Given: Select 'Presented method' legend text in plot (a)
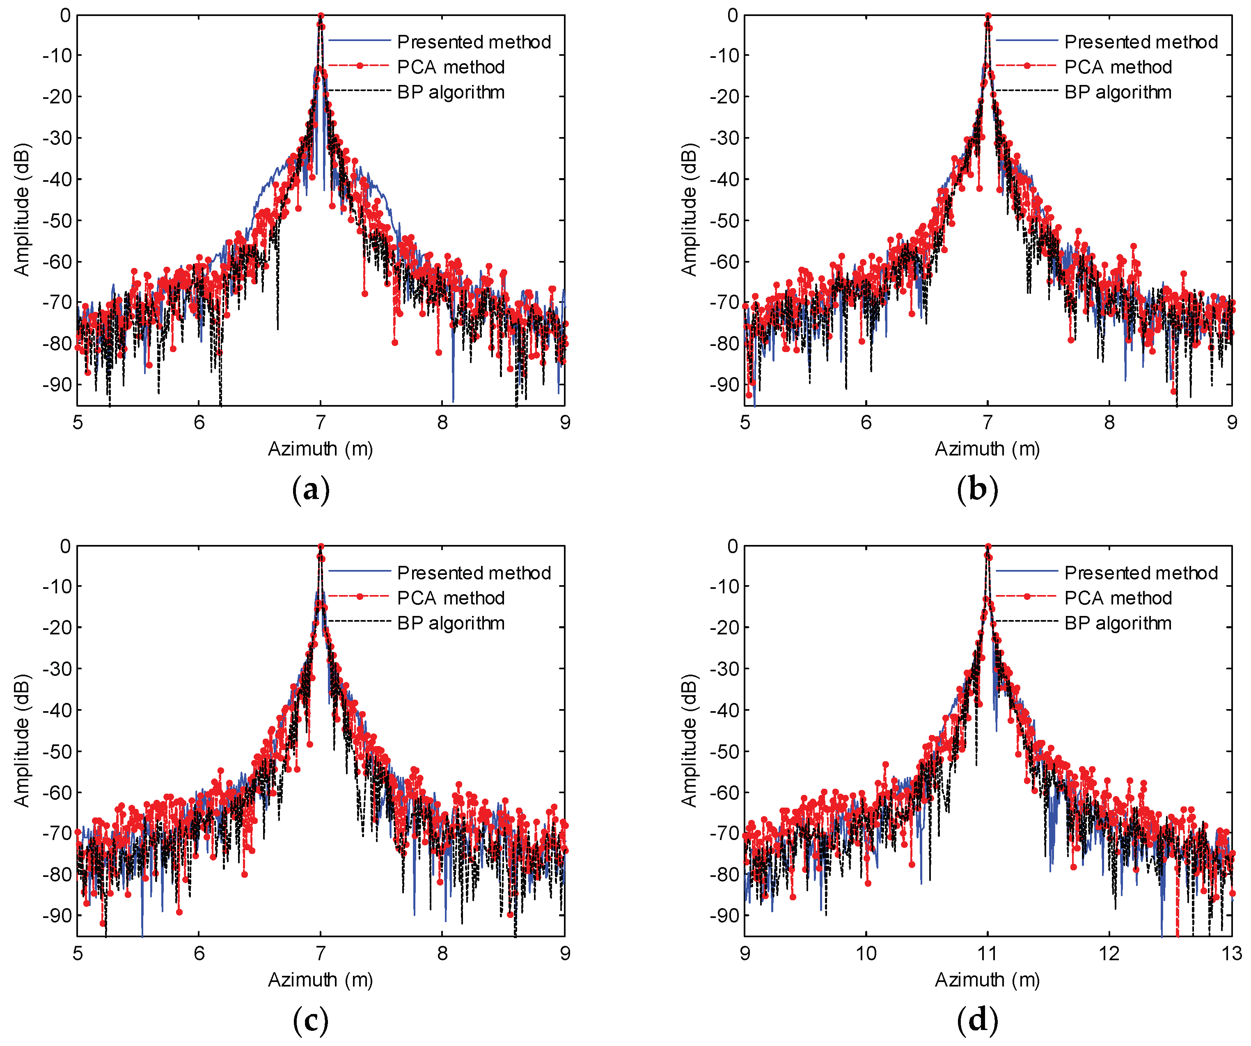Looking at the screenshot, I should [x=474, y=42].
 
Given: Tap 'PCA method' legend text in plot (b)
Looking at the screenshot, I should [x=1118, y=67].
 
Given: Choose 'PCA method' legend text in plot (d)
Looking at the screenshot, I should [x=1118, y=597].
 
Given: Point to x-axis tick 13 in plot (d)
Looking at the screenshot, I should [x=1231, y=954].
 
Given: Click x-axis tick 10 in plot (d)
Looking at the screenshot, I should [x=866, y=954].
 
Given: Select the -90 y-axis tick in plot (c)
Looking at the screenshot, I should [x=57, y=916].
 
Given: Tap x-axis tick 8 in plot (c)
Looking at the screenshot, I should [x=442, y=954].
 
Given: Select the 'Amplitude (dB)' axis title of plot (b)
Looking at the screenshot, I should [x=689, y=210].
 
